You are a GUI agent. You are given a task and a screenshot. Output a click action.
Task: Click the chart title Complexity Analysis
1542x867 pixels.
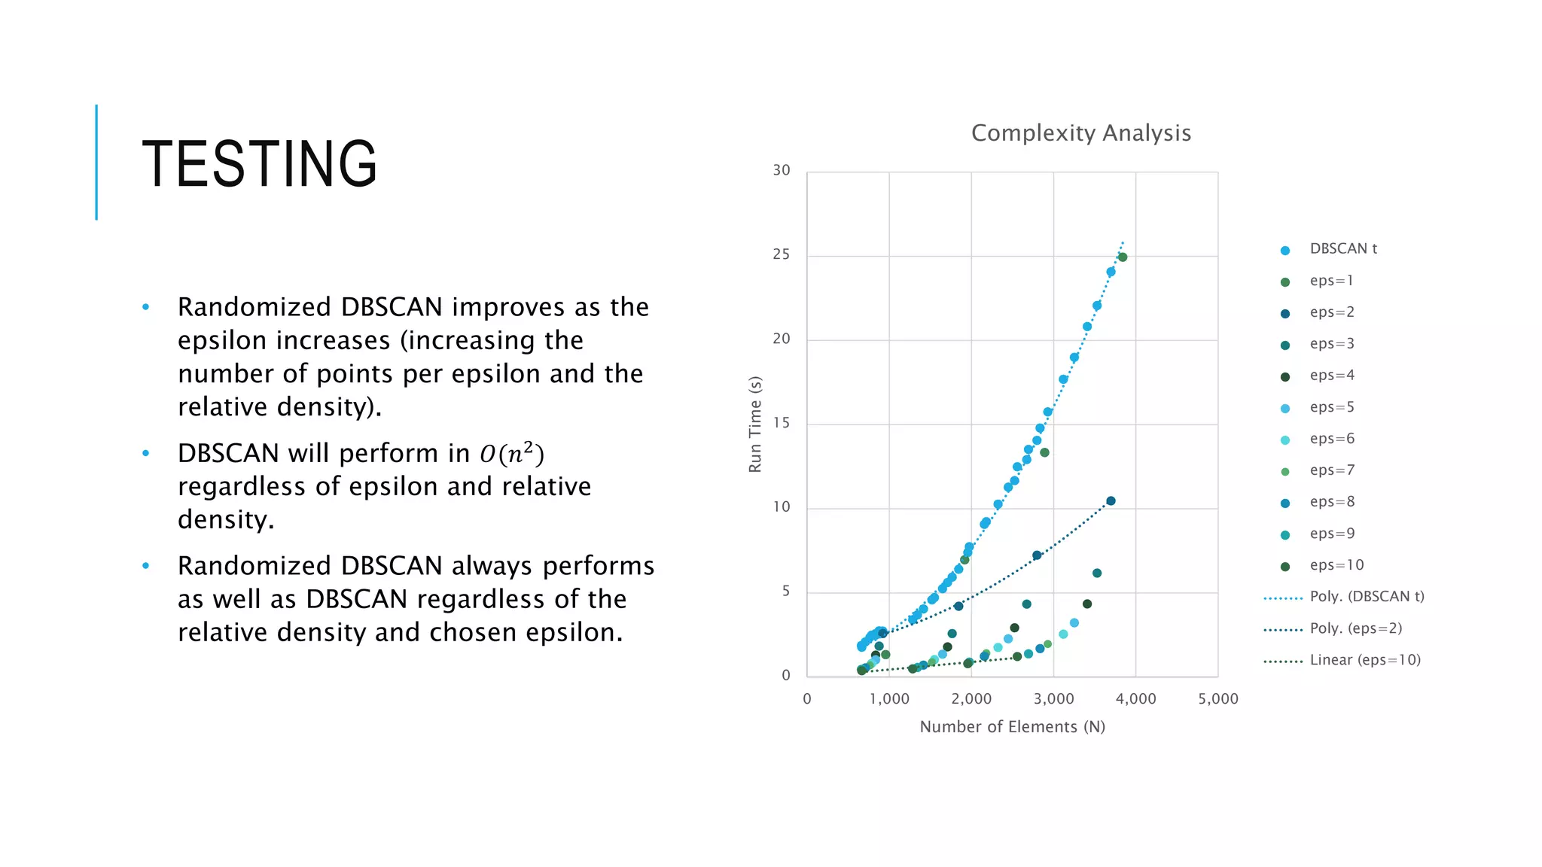[x=1080, y=133]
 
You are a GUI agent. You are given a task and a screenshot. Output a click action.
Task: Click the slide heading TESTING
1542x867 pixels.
[x=260, y=163]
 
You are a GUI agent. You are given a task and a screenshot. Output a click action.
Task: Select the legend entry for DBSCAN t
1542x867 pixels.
[x=1342, y=249]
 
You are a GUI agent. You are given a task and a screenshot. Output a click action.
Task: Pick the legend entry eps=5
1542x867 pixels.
[x=1331, y=407]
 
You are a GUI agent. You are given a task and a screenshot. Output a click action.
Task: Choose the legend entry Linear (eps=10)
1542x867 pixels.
[x=1364, y=660]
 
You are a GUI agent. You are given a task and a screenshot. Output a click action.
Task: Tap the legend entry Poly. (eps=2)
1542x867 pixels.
[x=1355, y=628]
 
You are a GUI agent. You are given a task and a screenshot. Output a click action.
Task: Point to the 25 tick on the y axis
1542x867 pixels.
[x=781, y=254]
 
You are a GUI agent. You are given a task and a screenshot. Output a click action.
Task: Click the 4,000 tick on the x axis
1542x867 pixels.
[x=1135, y=698]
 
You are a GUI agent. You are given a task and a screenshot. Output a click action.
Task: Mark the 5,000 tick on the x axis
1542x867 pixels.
[x=1217, y=698]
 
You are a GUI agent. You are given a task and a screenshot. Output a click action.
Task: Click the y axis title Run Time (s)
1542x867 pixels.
[x=755, y=424]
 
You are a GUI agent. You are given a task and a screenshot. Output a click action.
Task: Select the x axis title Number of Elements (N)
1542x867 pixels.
[x=1012, y=727]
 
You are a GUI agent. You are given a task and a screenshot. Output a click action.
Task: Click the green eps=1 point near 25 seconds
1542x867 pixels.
[x=1123, y=257]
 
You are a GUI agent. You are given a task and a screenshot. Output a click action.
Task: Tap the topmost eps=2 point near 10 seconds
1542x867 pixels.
[x=1111, y=501]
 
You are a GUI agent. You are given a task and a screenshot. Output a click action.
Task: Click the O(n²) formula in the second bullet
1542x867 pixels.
[x=511, y=453]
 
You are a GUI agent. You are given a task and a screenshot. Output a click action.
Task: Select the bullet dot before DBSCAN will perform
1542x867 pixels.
[x=146, y=453]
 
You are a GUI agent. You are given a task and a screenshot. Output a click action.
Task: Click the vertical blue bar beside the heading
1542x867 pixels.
[x=96, y=162]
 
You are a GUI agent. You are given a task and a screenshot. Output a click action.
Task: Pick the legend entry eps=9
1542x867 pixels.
[x=1331, y=534]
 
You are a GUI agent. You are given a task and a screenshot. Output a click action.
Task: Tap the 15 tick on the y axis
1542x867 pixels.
[x=781, y=423]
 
